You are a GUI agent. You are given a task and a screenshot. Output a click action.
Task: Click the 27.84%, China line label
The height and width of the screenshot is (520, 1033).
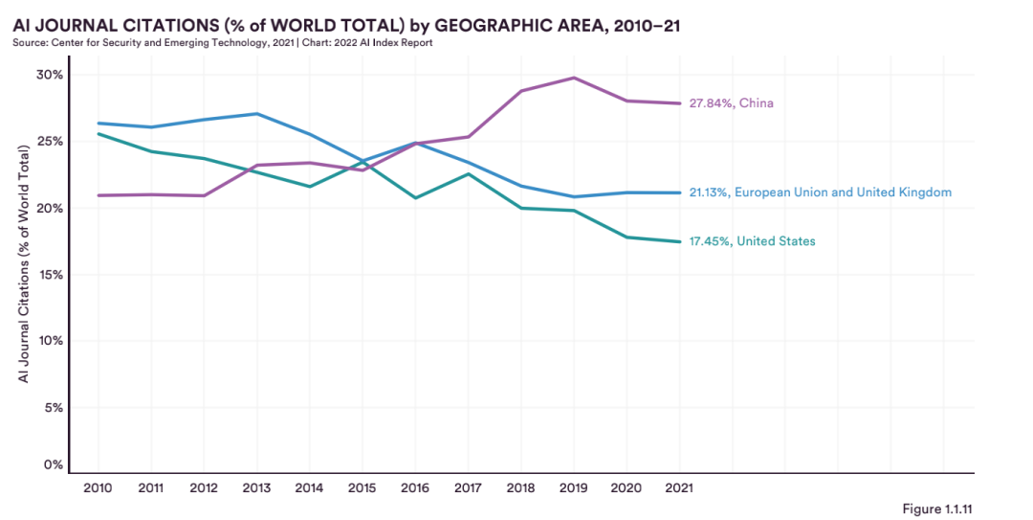point(731,103)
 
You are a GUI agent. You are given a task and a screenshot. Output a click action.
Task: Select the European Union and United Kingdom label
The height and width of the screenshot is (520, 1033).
point(820,192)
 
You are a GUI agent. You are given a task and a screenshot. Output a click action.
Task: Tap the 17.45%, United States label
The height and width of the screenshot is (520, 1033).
point(752,241)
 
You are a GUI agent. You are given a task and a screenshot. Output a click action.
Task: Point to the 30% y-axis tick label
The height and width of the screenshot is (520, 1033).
point(50,75)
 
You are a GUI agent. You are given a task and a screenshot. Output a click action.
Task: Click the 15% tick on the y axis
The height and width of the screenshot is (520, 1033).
point(50,275)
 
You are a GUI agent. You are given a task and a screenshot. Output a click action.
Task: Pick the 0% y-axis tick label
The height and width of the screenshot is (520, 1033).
point(54,465)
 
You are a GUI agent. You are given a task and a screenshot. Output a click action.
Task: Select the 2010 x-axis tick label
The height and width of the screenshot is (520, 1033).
point(98,487)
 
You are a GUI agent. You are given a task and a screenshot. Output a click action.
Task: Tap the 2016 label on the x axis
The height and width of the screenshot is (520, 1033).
point(415,487)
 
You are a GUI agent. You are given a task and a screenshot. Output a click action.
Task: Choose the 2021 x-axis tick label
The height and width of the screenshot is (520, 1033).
point(679,487)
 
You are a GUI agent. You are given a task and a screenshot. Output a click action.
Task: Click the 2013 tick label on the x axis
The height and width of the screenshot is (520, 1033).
point(256,487)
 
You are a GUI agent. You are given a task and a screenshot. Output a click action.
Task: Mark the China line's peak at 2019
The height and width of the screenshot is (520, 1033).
point(573,78)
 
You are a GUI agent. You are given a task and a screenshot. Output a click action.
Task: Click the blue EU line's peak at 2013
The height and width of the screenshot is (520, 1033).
point(256,114)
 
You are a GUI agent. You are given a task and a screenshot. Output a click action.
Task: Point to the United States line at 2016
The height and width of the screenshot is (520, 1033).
point(415,197)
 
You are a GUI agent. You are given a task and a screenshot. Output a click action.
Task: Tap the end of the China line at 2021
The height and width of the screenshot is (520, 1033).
point(679,103)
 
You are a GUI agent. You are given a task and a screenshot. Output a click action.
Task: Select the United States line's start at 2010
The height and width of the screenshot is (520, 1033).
point(98,134)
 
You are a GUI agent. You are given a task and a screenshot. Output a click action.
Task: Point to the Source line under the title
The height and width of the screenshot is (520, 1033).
point(223,43)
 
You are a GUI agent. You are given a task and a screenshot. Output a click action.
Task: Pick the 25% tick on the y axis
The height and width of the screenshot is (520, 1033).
point(50,142)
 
